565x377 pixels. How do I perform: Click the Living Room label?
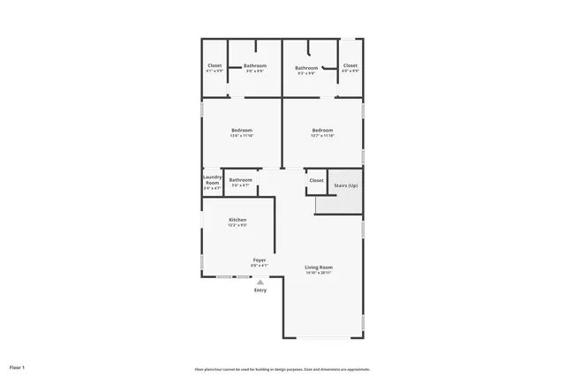(x=319, y=267)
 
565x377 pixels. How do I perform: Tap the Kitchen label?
(x=237, y=220)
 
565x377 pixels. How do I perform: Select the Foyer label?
(x=260, y=260)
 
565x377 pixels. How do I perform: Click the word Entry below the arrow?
(x=260, y=290)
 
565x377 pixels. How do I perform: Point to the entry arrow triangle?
(x=260, y=282)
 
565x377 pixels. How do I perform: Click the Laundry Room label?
(x=213, y=179)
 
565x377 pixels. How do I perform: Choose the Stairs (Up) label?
(x=346, y=185)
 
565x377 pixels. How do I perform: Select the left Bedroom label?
(x=241, y=131)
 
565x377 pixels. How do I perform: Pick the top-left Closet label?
(x=215, y=65)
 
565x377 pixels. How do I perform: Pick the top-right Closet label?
(x=350, y=65)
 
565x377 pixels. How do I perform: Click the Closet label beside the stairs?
(x=316, y=180)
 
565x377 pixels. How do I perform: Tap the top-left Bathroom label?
(x=255, y=65)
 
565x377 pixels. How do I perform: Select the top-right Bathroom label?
(x=306, y=68)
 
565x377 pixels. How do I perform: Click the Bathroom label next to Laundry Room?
(x=241, y=180)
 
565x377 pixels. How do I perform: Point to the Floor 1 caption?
(x=18, y=366)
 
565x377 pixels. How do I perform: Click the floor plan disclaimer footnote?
(x=282, y=369)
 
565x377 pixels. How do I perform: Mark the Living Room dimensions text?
(x=319, y=272)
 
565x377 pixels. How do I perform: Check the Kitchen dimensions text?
(x=237, y=225)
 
